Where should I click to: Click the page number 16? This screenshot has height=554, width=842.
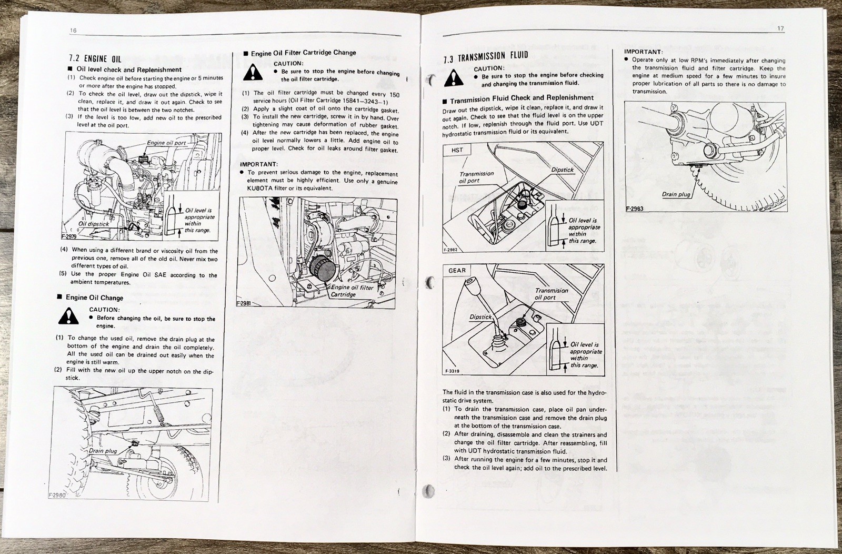click(73, 31)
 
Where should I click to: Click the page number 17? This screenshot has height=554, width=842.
click(780, 29)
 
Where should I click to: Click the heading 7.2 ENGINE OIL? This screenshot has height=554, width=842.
click(95, 59)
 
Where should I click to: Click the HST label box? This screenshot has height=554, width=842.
click(457, 150)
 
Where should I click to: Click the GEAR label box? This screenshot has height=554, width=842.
click(457, 271)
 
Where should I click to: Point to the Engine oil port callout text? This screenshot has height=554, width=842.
click(166, 143)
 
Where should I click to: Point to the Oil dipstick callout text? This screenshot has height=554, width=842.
click(94, 224)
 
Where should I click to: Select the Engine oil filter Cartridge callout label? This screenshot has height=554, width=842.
click(352, 291)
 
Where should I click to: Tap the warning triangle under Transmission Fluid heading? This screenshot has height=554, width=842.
click(454, 78)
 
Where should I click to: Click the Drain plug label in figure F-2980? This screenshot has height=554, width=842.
click(103, 451)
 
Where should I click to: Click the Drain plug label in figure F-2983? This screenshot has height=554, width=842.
click(676, 194)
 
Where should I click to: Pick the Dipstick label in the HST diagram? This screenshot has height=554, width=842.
click(562, 170)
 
